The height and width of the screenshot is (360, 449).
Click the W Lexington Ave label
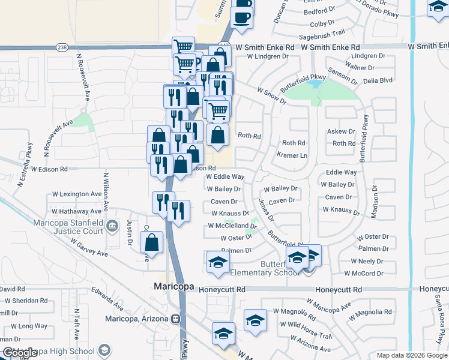[77, 194]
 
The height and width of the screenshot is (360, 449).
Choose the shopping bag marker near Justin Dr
[152, 244]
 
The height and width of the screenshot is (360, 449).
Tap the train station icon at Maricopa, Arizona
[176, 319]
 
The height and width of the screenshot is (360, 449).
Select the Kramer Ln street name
[292, 155]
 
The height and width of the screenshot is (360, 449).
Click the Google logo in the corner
[19, 353]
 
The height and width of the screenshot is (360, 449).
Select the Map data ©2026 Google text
[412, 355]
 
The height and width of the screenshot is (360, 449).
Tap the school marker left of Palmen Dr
[218, 262]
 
